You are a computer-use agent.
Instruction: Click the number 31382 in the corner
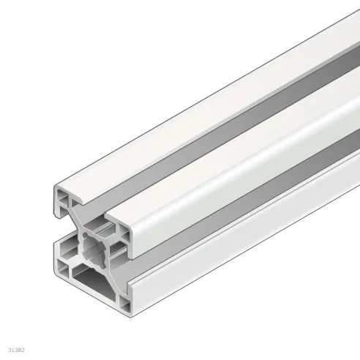(17, 342)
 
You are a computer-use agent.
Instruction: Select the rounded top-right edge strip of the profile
(241, 139)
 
